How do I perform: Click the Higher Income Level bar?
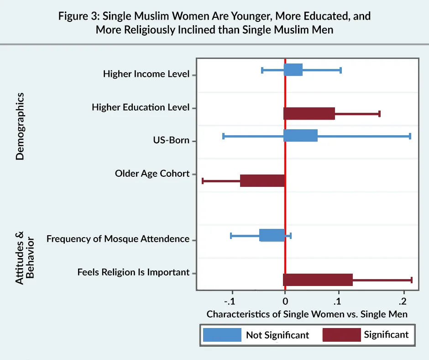[x=293, y=70]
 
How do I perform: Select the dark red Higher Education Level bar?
[x=309, y=114]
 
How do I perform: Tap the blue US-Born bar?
[x=301, y=136]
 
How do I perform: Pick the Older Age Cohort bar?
[x=262, y=180]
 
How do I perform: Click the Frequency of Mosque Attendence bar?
[x=272, y=235]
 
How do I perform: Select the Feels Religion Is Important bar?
[x=318, y=280]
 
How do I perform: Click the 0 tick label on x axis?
[x=285, y=302]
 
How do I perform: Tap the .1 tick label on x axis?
[x=338, y=302]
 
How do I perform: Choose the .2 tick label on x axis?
[x=403, y=302]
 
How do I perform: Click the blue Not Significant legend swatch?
[x=222, y=335]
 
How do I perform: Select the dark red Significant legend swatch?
[x=341, y=335]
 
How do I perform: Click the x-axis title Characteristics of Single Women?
[x=307, y=314]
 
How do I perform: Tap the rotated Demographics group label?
[x=20, y=126]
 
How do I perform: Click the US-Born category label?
[x=171, y=140]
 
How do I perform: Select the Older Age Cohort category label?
[x=152, y=174]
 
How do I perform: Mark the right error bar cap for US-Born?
[x=410, y=136]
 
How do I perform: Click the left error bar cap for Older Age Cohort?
[x=203, y=181]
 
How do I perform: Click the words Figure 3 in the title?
[x=78, y=16]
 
